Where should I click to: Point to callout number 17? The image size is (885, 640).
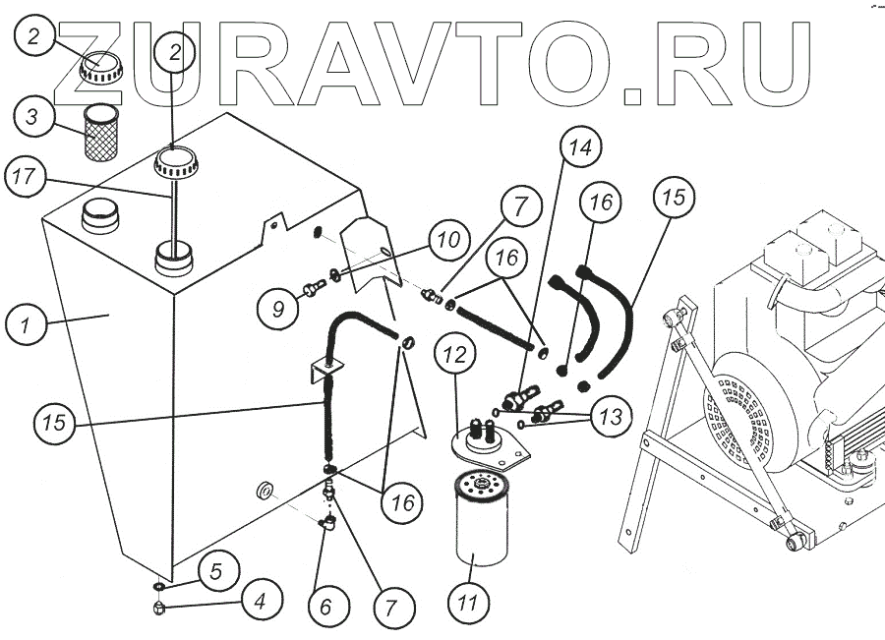[28, 179]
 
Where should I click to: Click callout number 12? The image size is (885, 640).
[454, 359]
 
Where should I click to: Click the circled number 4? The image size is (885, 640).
[260, 600]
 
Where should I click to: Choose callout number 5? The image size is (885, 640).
[219, 568]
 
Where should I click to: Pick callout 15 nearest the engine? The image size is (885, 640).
[673, 198]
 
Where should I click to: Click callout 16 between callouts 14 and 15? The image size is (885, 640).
[601, 204]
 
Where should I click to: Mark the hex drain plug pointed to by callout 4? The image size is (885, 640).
[159, 610]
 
